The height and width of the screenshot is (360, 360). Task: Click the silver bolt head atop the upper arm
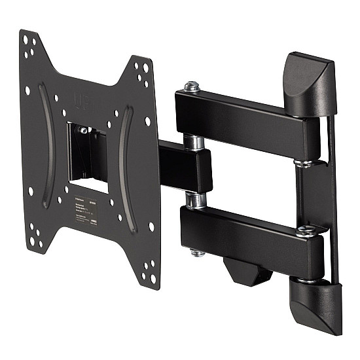point(191,86)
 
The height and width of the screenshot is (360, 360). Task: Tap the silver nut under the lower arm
point(197,251)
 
